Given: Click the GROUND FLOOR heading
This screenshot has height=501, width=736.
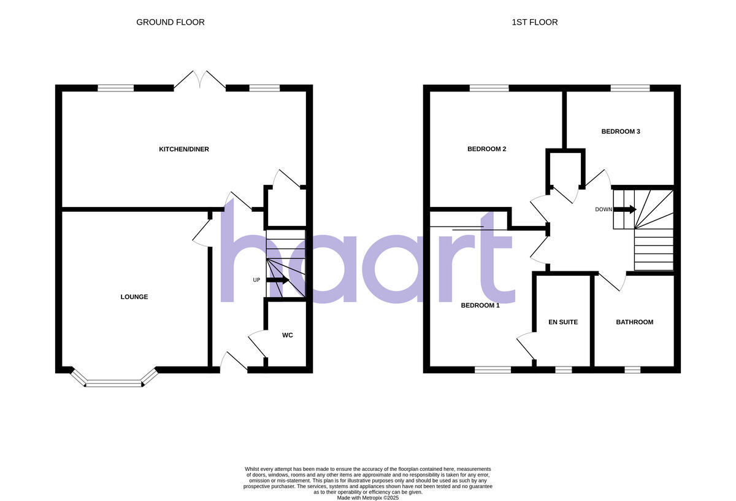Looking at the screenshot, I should point(170,22).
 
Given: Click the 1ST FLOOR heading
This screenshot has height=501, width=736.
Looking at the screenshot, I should point(535,22).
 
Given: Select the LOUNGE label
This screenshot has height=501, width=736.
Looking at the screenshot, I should point(134,297).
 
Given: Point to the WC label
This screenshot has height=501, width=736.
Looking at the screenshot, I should point(288,335).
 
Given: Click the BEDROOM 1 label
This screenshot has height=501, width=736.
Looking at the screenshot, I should point(480,305).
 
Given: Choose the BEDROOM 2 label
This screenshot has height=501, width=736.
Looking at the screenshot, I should point(486,149).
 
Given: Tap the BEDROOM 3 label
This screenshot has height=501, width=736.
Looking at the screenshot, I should point(621,131).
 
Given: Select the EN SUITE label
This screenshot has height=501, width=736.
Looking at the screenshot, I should point(563,322).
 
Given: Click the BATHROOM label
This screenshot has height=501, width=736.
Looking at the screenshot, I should point(635,322).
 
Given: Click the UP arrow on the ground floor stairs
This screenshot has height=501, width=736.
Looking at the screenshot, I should point(277,280).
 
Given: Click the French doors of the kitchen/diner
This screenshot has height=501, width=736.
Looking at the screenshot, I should point(199,82).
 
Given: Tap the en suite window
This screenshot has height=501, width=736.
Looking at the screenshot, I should point(563,370).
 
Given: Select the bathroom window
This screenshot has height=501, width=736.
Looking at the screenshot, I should point(632,370).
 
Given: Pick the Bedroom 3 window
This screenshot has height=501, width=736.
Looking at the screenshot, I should point(630,88).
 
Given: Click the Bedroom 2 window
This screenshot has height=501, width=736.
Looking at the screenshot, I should point(489,88).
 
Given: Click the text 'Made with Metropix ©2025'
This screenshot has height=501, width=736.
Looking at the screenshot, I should point(368,498).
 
